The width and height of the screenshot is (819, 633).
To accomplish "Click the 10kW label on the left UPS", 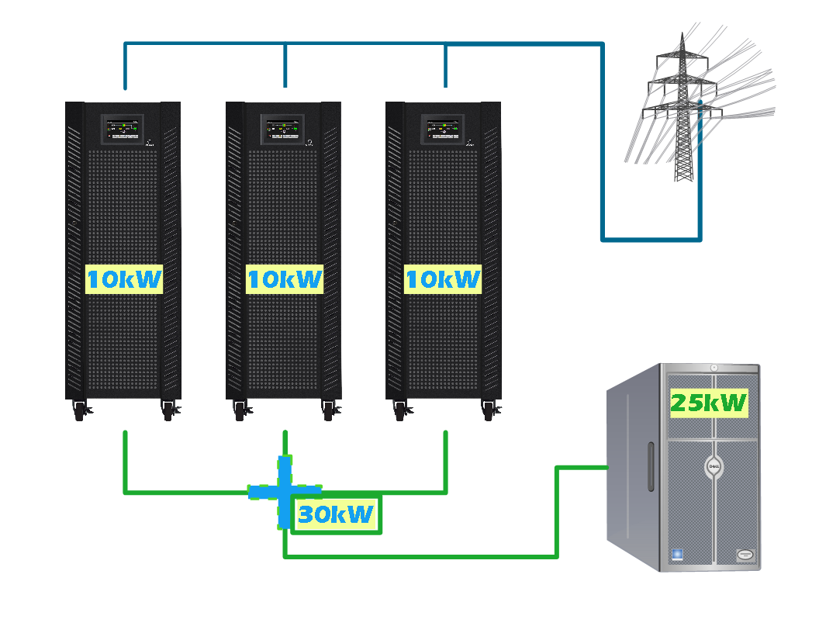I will (124, 279).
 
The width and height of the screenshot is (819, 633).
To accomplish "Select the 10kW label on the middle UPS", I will (284, 279).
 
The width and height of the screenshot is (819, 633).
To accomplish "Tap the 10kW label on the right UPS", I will (443, 279).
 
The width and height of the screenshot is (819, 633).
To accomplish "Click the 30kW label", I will (336, 514).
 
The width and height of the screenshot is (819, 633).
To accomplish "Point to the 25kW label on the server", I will (708, 403).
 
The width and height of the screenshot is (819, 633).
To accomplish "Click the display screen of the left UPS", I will (123, 129).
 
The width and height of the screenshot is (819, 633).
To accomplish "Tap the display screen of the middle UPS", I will (283, 129).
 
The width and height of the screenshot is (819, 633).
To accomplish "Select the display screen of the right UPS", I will (443, 129).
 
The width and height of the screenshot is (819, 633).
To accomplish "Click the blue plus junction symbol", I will (285, 491).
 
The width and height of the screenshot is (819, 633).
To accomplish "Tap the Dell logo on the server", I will (714, 466).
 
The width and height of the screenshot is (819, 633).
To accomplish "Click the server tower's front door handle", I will (650, 467).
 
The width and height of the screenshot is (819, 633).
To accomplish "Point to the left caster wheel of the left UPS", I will (79, 412).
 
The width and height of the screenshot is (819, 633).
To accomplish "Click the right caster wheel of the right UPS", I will (489, 412).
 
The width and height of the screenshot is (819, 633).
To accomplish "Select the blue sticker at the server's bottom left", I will (676, 554).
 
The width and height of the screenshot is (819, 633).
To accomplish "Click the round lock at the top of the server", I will (714, 367).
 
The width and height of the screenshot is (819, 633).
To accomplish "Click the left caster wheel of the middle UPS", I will (240, 412).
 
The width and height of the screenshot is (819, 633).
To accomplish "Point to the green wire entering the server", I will (582, 468).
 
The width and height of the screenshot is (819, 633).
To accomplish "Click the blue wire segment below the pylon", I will (651, 239).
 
